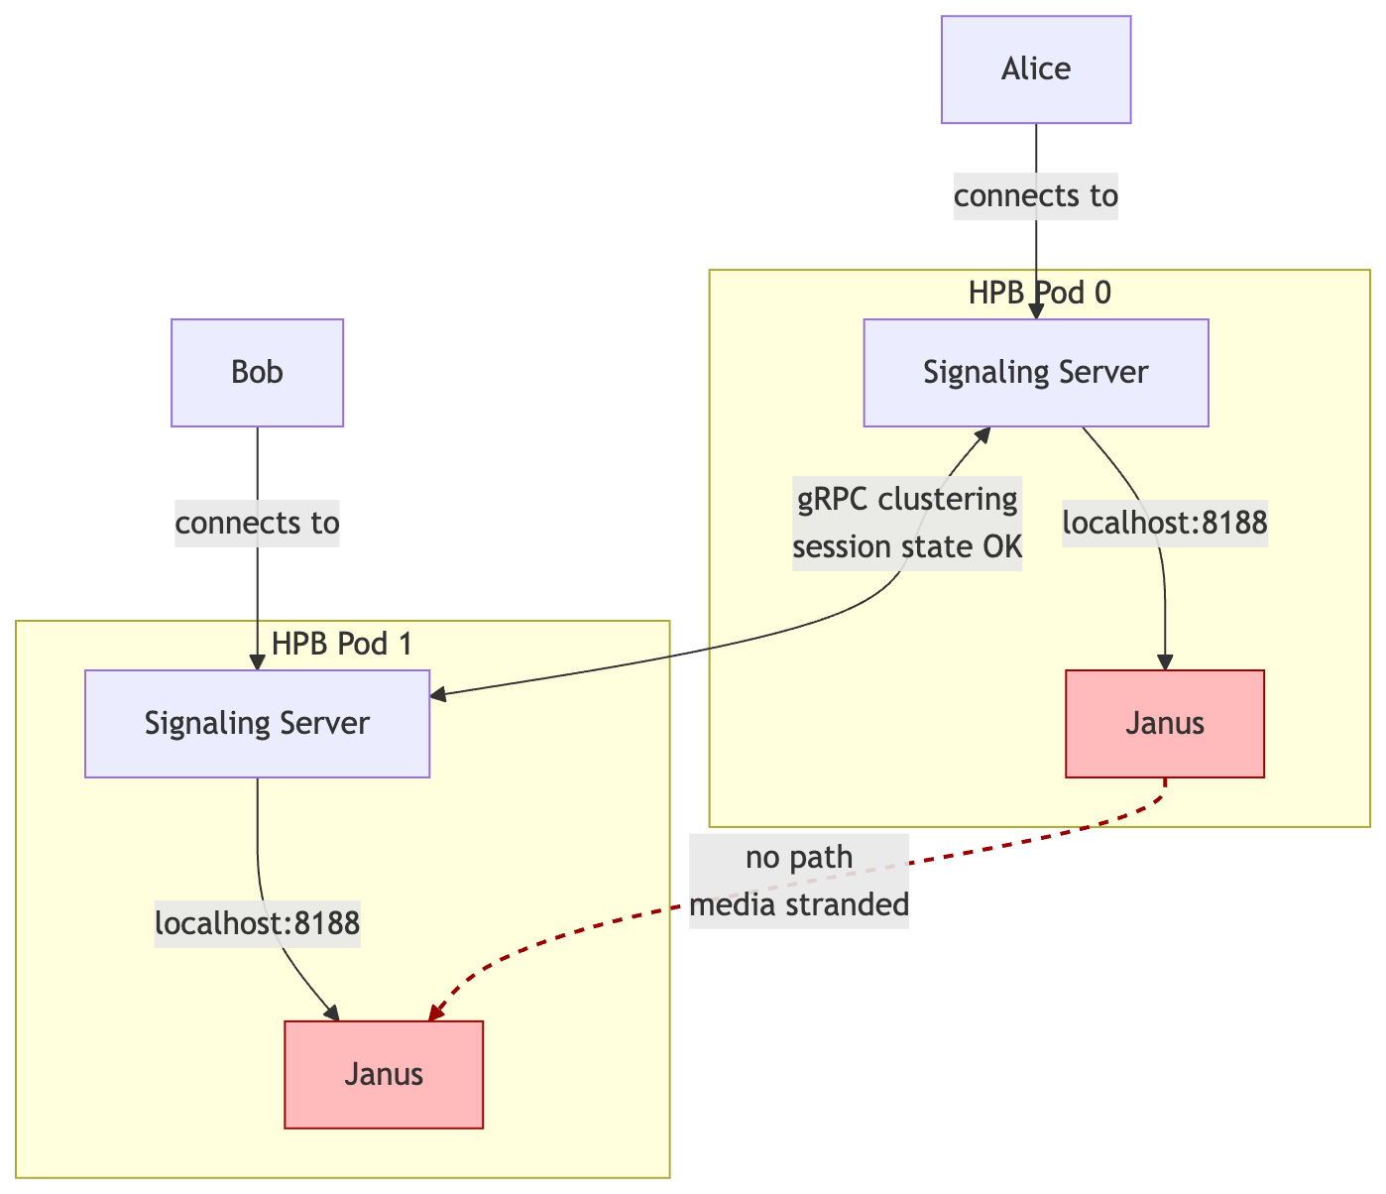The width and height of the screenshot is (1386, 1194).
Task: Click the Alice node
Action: pyautogui.click(x=1036, y=69)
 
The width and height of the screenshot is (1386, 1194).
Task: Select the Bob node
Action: pyautogui.click(x=257, y=373)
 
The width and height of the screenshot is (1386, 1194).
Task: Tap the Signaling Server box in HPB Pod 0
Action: pyautogui.click(x=1036, y=373)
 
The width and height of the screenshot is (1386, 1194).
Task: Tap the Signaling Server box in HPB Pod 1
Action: pyautogui.click(x=257, y=724)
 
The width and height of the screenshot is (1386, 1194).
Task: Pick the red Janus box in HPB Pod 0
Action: pyautogui.click(x=1165, y=724)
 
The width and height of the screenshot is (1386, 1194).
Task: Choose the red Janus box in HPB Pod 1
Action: pyautogui.click(x=384, y=1075)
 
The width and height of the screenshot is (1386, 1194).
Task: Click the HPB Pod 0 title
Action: pyautogui.click(x=1039, y=292)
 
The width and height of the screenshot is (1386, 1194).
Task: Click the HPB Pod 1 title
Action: pyautogui.click(x=341, y=644)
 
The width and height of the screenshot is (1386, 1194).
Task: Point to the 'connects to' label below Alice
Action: pyautogui.click(x=1036, y=196)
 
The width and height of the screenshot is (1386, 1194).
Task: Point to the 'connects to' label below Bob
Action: pyautogui.click(x=257, y=522)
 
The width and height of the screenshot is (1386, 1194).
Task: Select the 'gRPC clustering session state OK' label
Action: pyautogui.click(x=907, y=523)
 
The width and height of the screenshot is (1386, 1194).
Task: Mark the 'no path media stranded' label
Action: pyautogui.click(x=799, y=881)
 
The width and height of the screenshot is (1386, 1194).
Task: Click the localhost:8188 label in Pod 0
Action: pyautogui.click(x=1165, y=523)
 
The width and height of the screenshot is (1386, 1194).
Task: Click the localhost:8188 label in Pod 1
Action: pyautogui.click(x=257, y=923)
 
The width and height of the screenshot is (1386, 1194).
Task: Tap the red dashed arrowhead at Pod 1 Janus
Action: pyautogui.click(x=435, y=1011)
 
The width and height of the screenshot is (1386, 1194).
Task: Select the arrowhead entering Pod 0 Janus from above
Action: pyautogui.click(x=1165, y=662)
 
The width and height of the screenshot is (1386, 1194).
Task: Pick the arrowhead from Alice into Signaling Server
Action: pyautogui.click(x=1036, y=311)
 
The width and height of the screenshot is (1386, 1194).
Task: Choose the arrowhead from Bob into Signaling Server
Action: pyautogui.click(x=257, y=662)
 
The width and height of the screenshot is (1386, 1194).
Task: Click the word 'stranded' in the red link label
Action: pyautogui.click(x=848, y=904)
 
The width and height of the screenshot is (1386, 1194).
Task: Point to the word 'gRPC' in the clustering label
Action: pyautogui.click(x=835, y=499)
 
